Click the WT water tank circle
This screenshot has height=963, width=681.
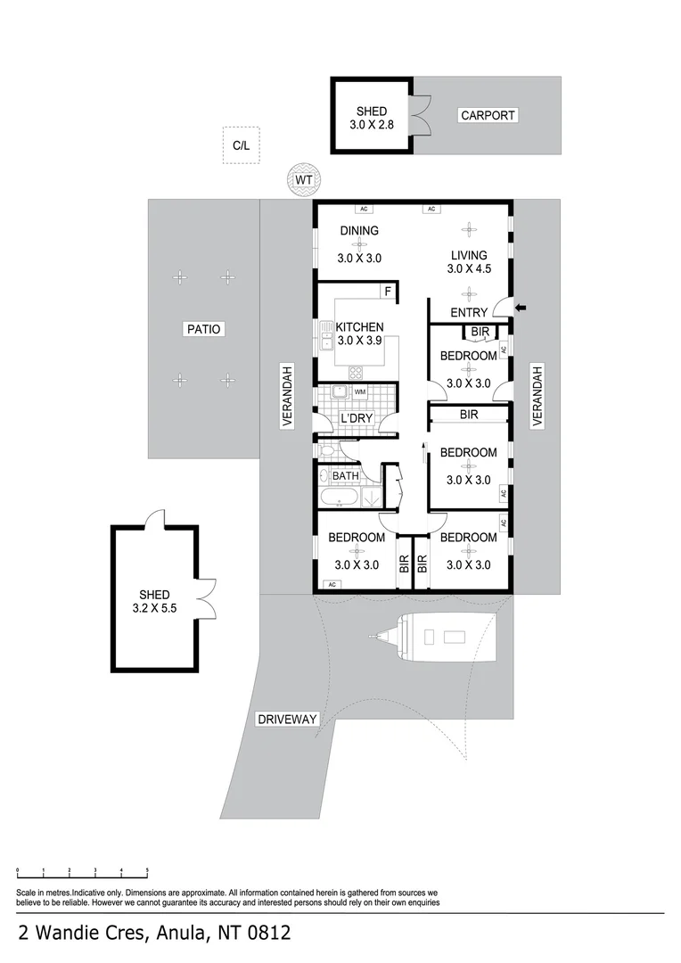pos(305,181)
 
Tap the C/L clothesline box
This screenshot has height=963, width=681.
pos(241,145)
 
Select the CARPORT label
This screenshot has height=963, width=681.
pos(488,115)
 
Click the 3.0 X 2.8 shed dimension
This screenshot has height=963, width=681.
pos(372,126)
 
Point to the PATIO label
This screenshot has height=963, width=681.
pos(203,329)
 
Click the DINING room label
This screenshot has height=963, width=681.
pos(359,231)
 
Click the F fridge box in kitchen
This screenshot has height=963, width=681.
pos(388,292)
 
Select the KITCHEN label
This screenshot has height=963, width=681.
pos(359,327)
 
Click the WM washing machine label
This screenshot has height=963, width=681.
pos(359,392)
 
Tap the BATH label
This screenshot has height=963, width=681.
pos(346,476)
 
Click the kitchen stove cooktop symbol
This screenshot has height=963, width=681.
pos(356,373)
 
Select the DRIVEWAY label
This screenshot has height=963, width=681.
pos(287,719)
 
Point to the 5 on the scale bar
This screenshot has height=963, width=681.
pos(147,868)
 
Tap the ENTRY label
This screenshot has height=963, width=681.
pos(469,312)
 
